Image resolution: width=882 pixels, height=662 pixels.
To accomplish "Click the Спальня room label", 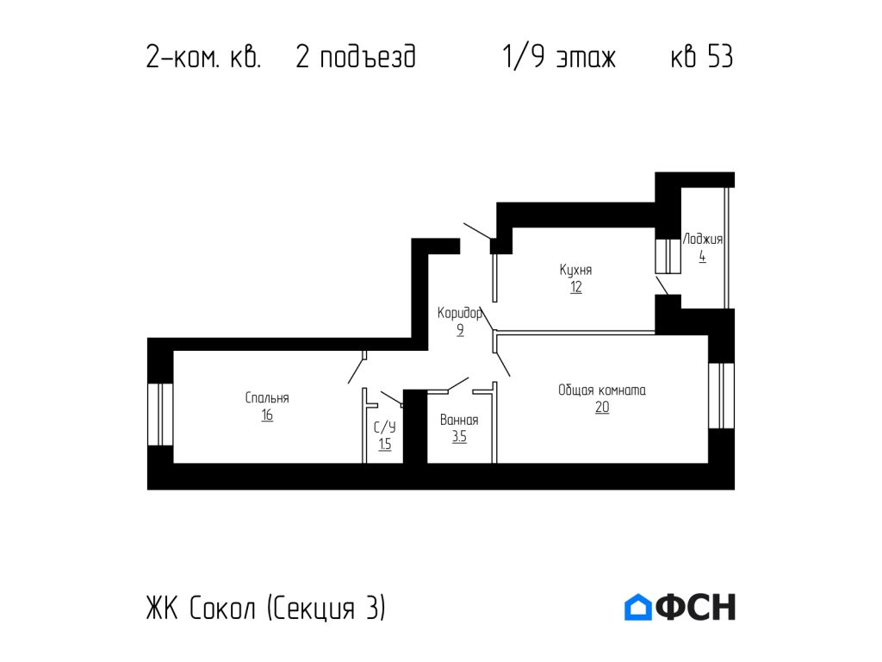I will click(x=267, y=398).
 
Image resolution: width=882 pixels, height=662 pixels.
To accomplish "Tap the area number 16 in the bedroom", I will click(x=267, y=415).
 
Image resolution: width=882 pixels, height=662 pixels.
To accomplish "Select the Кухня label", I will click(x=575, y=270).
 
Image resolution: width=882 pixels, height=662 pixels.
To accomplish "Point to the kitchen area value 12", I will click(x=575, y=288).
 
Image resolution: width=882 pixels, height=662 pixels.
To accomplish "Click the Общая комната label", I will click(x=602, y=390).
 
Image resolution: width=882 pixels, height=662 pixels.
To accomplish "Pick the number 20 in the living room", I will click(x=602, y=408).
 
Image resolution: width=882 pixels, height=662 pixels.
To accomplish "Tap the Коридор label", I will click(x=460, y=313).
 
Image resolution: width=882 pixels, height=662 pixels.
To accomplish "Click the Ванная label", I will click(x=459, y=421).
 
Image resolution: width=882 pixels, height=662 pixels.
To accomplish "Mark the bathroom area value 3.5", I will click(x=459, y=437).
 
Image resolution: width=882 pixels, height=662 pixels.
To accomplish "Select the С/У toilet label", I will click(x=385, y=428).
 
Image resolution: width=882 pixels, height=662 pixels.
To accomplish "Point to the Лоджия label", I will click(x=703, y=240).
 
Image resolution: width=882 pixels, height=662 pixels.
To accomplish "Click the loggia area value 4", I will click(x=703, y=257).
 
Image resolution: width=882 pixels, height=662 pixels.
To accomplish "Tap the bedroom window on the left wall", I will click(x=160, y=415).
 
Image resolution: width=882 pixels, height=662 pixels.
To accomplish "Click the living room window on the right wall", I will click(x=721, y=396).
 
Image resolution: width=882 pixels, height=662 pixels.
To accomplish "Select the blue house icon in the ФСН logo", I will click(x=638, y=607).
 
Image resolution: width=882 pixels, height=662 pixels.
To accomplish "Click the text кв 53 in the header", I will click(x=702, y=58).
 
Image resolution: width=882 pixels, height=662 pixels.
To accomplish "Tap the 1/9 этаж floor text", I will click(x=559, y=58).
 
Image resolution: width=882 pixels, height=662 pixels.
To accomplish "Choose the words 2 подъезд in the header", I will click(x=356, y=58).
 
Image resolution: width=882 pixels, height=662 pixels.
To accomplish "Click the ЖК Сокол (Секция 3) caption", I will click(x=266, y=609).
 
